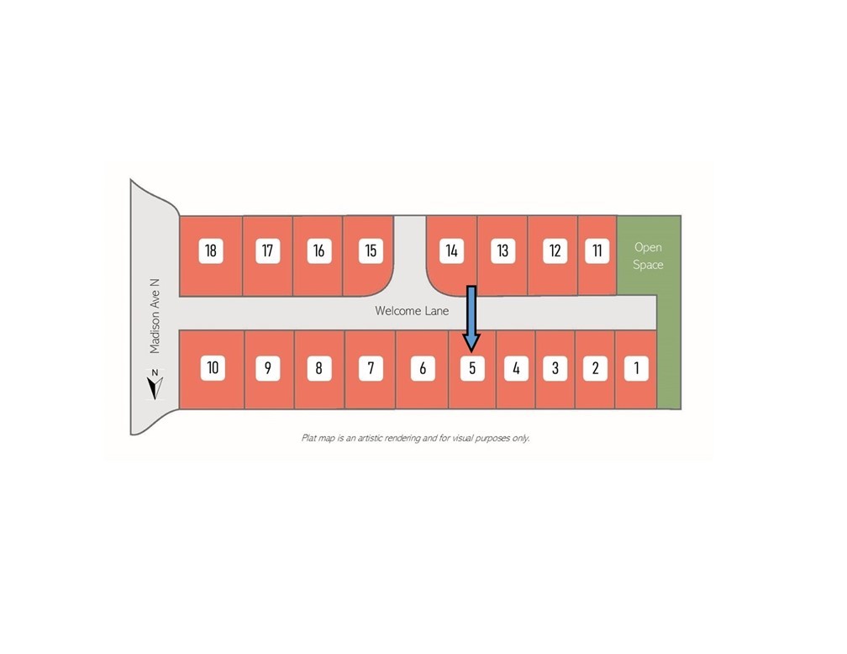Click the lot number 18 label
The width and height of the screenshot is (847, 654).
click(x=211, y=251)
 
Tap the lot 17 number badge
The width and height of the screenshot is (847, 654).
click(x=267, y=251)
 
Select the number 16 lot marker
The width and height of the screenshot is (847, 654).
click(x=318, y=251)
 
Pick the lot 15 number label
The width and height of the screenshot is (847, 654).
click(x=371, y=251)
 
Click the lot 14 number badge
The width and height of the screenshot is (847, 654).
click(x=451, y=251)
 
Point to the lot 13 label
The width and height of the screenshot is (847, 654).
click(x=502, y=251)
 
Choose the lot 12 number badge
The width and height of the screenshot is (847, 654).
click(x=555, y=251)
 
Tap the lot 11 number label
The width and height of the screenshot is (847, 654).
click(x=597, y=251)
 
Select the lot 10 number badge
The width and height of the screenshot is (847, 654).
click(x=213, y=368)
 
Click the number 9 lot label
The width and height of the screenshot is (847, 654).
click(x=267, y=369)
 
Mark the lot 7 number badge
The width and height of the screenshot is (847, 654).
click(x=371, y=369)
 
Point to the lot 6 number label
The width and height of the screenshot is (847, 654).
click(x=423, y=369)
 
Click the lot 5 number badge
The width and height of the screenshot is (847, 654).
click(x=472, y=369)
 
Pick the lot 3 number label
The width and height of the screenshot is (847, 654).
click(x=555, y=369)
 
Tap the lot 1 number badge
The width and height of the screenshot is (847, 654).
click(x=636, y=369)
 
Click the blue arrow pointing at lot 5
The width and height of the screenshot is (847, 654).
click(x=471, y=319)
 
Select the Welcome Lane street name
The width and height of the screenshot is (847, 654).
click(x=412, y=311)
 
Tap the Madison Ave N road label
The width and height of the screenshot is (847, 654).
click(x=155, y=316)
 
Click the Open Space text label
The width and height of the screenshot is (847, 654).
click(x=648, y=256)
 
